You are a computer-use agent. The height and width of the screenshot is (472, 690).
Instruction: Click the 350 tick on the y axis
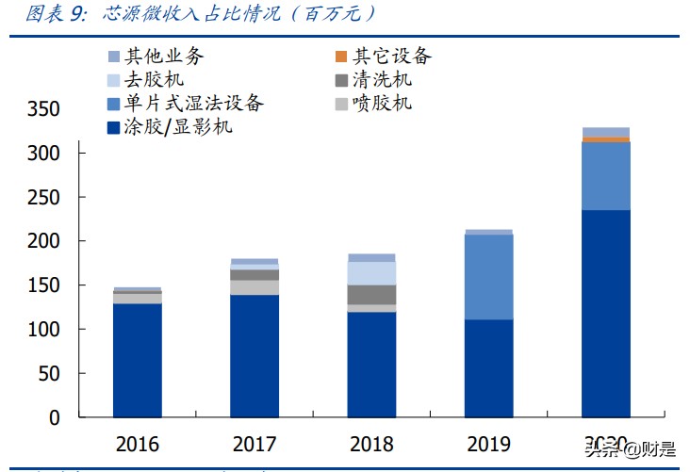tap(43, 109)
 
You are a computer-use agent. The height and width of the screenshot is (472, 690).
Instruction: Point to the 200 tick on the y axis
tap(43, 241)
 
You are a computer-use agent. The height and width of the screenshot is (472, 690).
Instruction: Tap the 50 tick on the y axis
tap(49, 374)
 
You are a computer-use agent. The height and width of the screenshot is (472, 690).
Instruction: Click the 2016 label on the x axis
tap(138, 444)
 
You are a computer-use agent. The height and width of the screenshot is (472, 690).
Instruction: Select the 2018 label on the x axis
tap(371, 444)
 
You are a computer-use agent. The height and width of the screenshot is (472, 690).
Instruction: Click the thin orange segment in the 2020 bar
tap(605, 139)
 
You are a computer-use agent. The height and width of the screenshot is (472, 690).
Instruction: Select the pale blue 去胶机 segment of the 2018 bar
tap(371, 273)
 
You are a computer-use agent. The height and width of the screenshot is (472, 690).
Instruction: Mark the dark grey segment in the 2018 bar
tap(371, 294)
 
